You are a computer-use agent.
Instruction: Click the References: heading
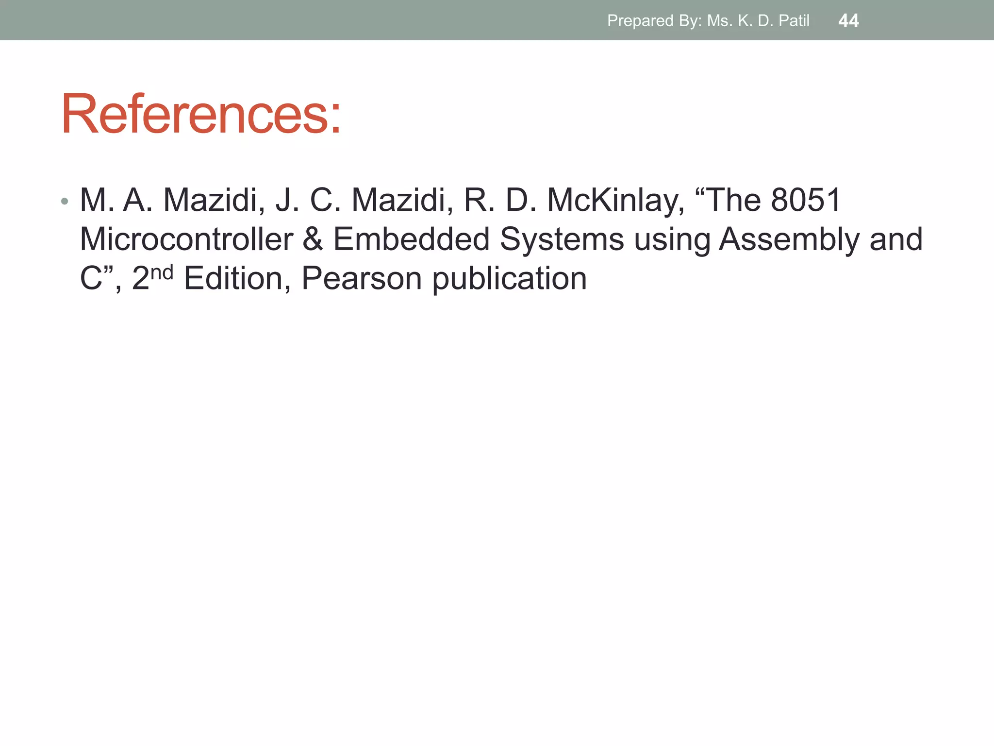click(201, 115)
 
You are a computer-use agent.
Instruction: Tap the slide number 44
click(848, 21)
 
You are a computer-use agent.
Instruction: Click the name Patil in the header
click(794, 21)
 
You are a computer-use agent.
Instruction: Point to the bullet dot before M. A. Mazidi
click(65, 201)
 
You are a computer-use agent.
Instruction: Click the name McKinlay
click(615, 200)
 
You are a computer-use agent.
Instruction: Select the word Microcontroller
click(186, 239)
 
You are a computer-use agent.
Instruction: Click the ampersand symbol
click(313, 239)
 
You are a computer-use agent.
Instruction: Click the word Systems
click(562, 239)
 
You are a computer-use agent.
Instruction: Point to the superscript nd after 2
click(162, 272)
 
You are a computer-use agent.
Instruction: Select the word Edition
click(233, 279)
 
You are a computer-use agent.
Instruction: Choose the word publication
click(509, 279)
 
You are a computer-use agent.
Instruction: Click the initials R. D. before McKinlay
click(500, 200)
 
